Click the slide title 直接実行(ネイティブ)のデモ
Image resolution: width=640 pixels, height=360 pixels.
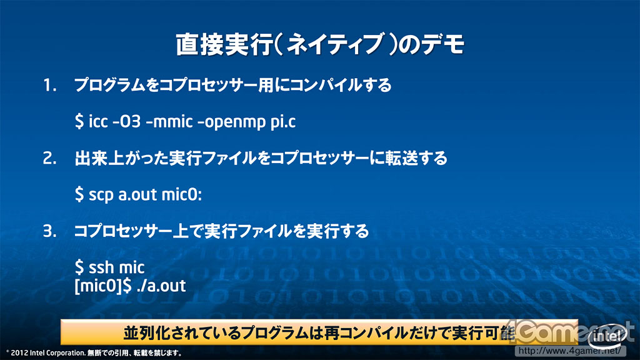click(x=320, y=44)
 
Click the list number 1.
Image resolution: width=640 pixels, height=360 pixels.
click(x=50, y=85)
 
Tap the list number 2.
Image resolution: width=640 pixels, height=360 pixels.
click(x=50, y=158)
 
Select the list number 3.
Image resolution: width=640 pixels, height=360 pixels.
click(x=50, y=231)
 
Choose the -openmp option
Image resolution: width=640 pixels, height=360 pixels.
click(x=231, y=122)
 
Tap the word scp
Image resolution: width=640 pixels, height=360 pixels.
click(x=101, y=195)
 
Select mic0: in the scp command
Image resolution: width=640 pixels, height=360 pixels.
click(x=182, y=195)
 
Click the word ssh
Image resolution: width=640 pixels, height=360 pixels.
click(x=101, y=267)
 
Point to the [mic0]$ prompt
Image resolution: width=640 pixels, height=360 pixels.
click(x=103, y=286)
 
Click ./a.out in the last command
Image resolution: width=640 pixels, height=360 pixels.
click(x=161, y=286)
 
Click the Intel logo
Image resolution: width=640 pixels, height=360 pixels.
click(x=607, y=336)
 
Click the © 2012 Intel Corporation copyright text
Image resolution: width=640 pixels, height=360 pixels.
click(x=46, y=353)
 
